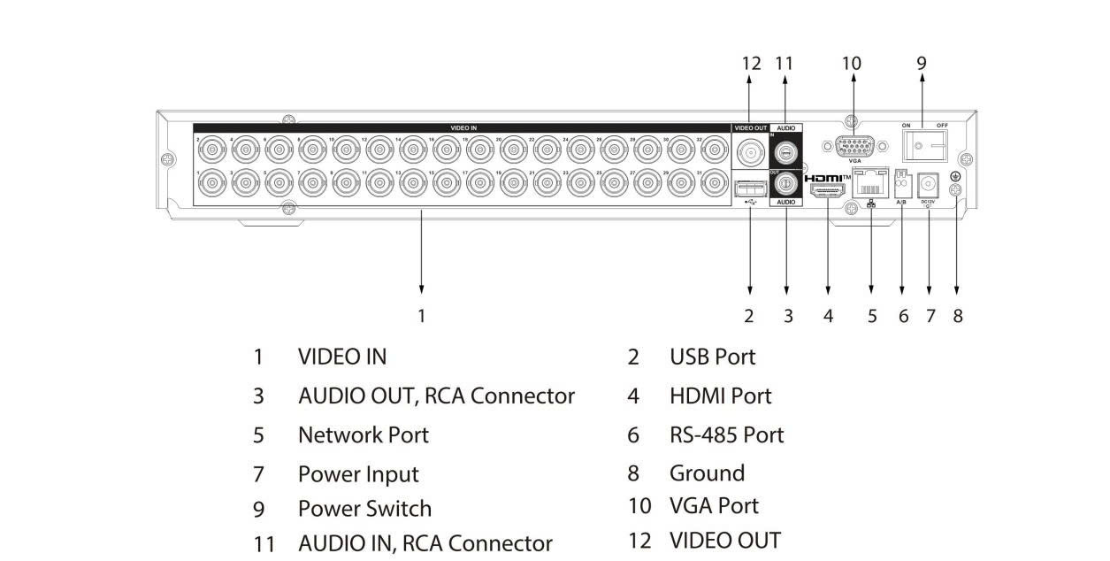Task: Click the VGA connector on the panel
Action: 853,146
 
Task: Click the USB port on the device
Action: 750,188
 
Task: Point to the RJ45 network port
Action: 870,184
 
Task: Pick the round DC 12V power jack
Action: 929,184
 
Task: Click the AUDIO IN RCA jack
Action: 785,149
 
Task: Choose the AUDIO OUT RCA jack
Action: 785,183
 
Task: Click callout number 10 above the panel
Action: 851,63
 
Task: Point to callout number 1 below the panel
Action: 422,316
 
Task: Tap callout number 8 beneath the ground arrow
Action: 957,316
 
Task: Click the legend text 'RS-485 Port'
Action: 726,434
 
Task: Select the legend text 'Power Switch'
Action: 364,509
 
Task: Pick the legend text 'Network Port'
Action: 363,434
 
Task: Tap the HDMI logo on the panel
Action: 828,178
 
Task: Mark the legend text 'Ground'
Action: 707,473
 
